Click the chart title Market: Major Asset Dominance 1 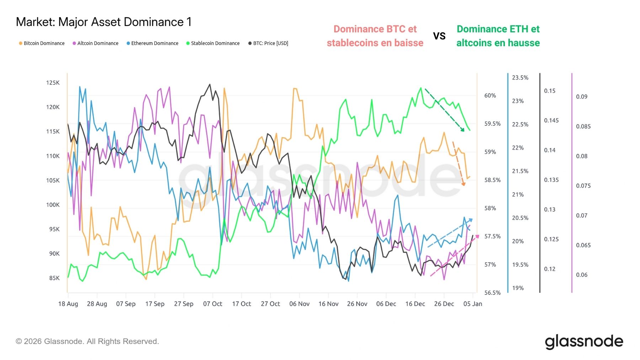[103, 22]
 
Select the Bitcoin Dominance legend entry [42, 43]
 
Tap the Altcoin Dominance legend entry [96, 43]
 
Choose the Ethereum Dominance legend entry [153, 43]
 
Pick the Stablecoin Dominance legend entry [213, 43]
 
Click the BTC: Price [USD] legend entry [268, 43]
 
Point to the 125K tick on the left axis [53, 83]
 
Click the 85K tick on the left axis [54, 278]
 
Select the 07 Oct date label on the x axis [213, 304]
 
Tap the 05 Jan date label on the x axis [473, 304]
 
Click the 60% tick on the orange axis [490, 96]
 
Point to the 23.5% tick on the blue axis [520, 78]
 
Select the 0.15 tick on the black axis [549, 91]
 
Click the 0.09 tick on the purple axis [582, 97]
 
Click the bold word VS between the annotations [439, 36]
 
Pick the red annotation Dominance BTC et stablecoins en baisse [375, 36]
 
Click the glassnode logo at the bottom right [583, 342]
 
